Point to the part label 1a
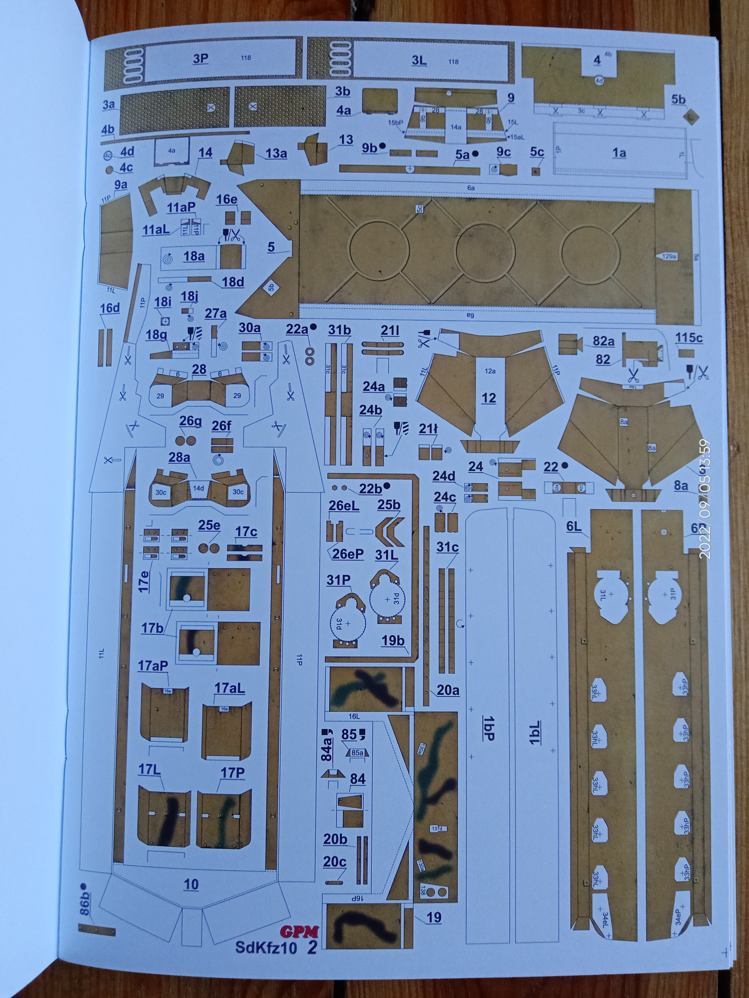coord(619,153)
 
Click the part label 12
coord(489,398)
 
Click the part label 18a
coord(194,256)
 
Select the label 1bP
coord(489,729)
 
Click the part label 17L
coord(149,769)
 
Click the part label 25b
coord(389,505)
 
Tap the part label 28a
coord(179,457)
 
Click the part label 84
coord(357,779)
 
